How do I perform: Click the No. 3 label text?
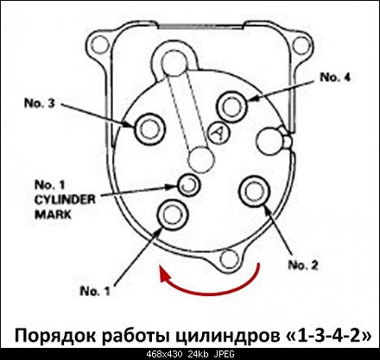click(x=40, y=103)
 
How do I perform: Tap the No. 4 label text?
click(x=335, y=77)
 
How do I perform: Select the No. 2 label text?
click(x=303, y=265)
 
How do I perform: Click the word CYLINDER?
click(x=65, y=199)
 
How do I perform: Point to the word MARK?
click(x=53, y=215)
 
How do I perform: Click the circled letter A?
click(x=218, y=133)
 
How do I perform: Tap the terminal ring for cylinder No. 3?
click(x=149, y=129)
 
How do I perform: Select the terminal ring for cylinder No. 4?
click(x=231, y=105)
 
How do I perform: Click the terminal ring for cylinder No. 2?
click(x=255, y=191)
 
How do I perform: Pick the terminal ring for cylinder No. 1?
click(x=172, y=214)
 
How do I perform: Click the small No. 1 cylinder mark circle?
click(x=188, y=185)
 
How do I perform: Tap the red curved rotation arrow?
click(x=213, y=293)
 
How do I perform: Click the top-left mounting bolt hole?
click(x=100, y=46)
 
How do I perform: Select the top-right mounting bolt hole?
click(x=302, y=46)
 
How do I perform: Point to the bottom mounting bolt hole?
click(x=229, y=259)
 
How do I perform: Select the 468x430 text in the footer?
click(x=164, y=354)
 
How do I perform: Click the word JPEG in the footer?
click(x=224, y=354)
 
